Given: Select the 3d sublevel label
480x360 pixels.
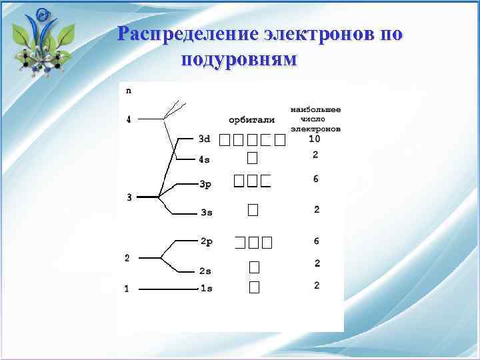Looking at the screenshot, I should coord(205,139).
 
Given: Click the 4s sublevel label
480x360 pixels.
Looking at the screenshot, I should coord(205,159).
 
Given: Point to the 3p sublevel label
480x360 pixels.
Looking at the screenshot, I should coord(205,184).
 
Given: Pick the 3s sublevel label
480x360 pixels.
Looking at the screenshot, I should coord(207,213).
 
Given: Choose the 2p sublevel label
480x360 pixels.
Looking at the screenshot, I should coord(207,241).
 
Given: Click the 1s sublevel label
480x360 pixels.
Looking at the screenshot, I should coord(207,289).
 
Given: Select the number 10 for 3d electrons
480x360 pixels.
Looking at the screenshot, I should coord(315,139).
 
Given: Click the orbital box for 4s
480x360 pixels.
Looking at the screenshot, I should coord(252,158).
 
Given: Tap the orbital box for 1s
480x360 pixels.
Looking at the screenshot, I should coord(253,287).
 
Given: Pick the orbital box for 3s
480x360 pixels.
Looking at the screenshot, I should coord(252,210).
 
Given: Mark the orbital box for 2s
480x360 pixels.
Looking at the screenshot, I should coord(253,267).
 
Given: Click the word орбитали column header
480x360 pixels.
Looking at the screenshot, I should coord(251,120).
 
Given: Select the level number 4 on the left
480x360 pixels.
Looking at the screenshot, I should coord(129,120).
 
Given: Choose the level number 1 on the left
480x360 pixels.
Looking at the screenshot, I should coord(126,289).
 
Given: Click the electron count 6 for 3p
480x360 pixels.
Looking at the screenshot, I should coord(315,179).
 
